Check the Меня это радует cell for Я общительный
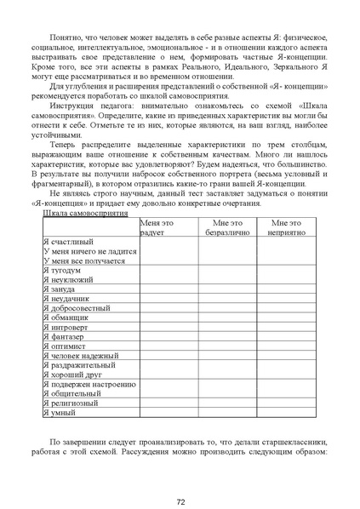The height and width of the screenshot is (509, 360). (169, 393)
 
